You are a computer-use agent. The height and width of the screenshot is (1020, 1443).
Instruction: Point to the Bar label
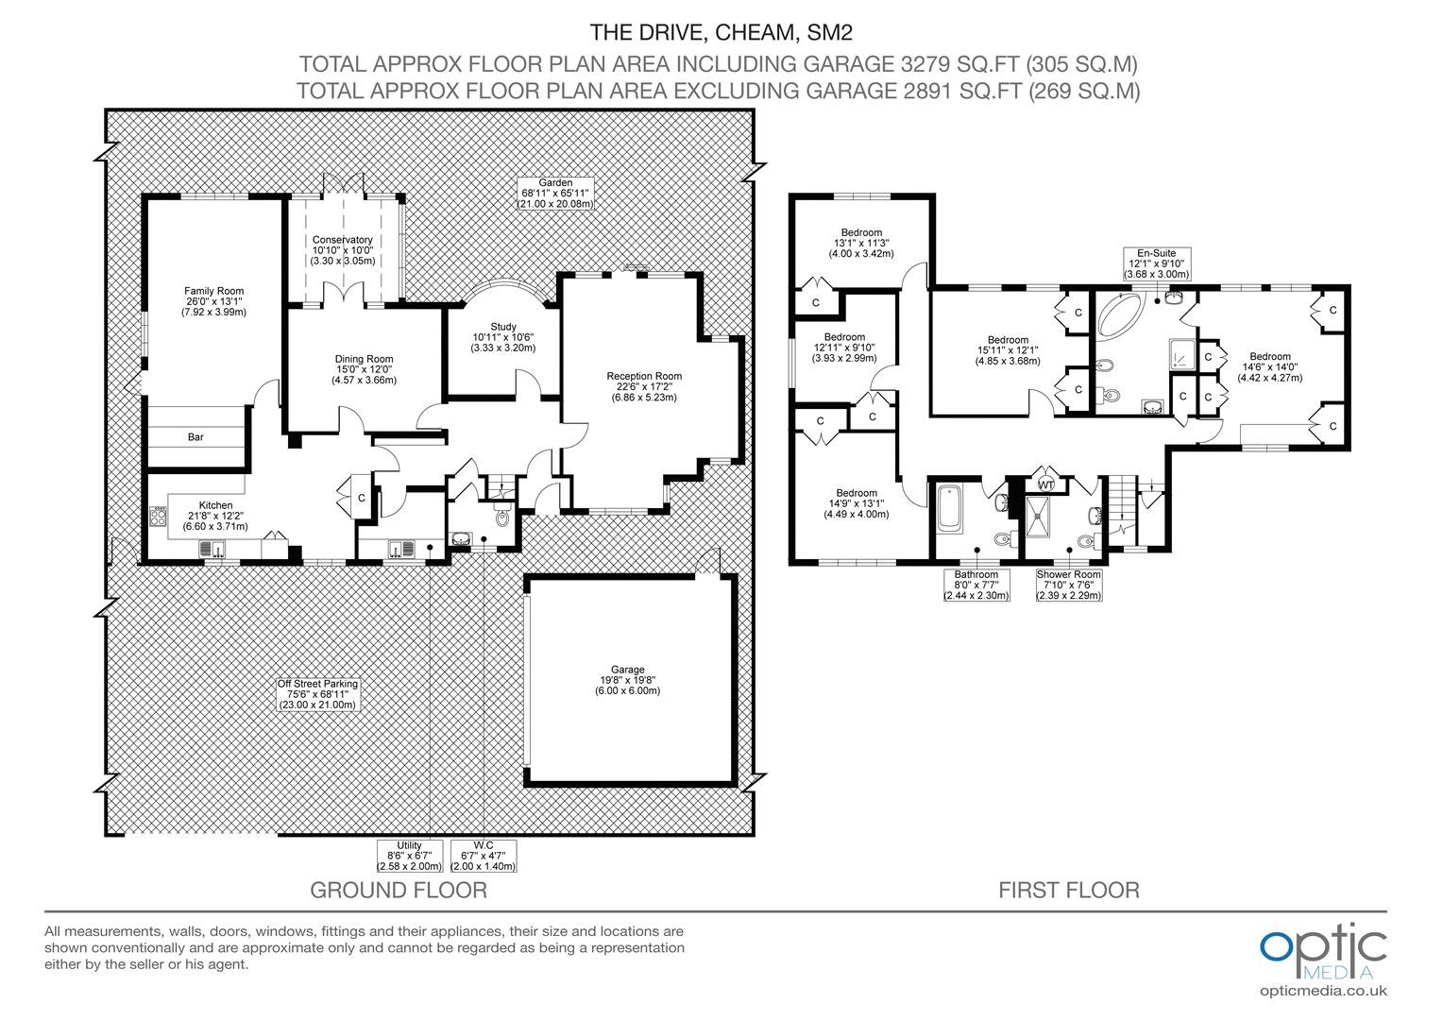tap(195, 437)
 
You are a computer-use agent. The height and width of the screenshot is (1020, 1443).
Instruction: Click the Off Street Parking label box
tap(317, 694)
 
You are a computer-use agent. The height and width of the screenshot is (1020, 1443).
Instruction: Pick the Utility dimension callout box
tap(410, 856)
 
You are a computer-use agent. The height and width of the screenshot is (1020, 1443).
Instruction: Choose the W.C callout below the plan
tap(484, 856)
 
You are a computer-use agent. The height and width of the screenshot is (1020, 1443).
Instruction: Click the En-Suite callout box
tap(1156, 263)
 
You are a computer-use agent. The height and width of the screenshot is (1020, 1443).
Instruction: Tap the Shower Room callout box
tap(1069, 585)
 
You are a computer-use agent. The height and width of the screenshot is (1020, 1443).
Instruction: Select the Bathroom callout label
tap(976, 585)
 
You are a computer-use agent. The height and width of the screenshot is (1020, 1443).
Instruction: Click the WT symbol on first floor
tap(1046, 484)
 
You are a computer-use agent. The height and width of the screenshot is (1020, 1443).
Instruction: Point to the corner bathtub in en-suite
tap(1122, 314)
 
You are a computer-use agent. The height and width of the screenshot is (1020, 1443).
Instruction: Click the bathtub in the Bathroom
tap(949, 509)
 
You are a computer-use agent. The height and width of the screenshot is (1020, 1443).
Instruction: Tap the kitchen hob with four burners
tap(159, 517)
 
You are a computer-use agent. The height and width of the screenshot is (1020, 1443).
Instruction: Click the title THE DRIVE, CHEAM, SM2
tap(721, 32)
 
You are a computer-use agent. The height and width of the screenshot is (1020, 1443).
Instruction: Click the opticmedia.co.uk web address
tap(1323, 991)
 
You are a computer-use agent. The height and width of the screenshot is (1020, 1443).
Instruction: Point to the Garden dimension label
tap(554, 194)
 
